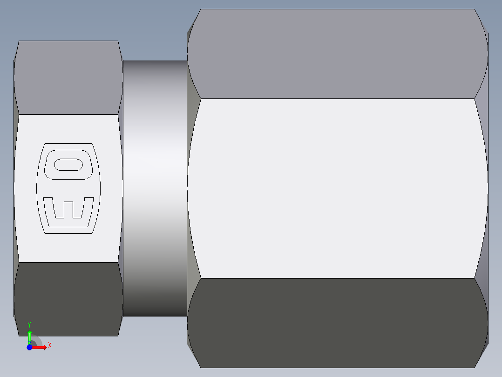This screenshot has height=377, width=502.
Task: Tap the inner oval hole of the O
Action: click(x=69, y=165)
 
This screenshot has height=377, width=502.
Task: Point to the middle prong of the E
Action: click(x=68, y=209)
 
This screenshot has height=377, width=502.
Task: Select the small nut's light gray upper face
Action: click(x=68, y=77)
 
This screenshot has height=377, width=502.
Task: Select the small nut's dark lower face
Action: click(x=68, y=299)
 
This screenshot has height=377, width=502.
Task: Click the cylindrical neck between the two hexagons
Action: click(x=155, y=187)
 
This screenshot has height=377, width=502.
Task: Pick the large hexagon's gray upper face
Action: click(x=338, y=54)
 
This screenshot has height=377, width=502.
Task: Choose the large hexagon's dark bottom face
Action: click(x=338, y=322)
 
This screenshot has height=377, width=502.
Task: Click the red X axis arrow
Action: click(x=41, y=348)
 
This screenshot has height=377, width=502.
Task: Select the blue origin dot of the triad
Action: click(x=29, y=348)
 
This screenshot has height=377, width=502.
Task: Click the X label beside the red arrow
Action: click(x=49, y=345)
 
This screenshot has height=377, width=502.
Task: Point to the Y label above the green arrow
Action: click(x=29, y=324)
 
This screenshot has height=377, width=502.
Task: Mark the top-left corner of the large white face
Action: click(x=201, y=98)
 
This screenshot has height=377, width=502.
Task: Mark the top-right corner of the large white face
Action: click(x=475, y=98)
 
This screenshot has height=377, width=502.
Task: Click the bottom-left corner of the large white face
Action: click(x=201, y=279)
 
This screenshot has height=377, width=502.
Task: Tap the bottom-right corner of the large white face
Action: click(x=475, y=279)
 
